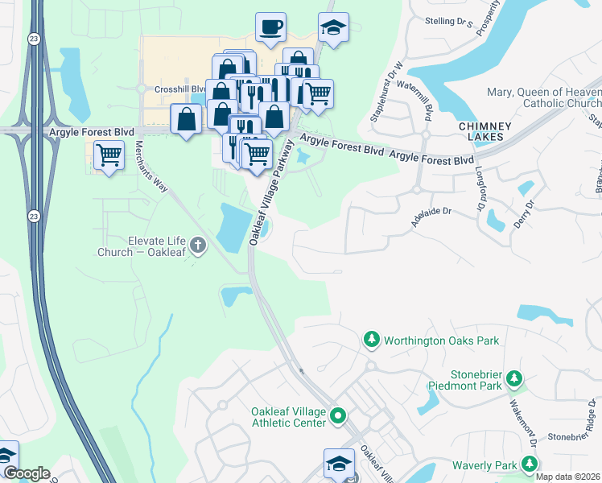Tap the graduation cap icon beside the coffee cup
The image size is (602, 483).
click(x=333, y=27)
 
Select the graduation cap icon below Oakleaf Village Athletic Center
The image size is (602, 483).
click(x=339, y=463)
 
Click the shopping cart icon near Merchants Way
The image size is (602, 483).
click(x=109, y=154)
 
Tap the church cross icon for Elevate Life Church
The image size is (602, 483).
click(x=198, y=245)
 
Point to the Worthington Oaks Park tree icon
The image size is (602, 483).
click(x=371, y=340)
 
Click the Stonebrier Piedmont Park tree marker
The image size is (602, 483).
click(x=513, y=378)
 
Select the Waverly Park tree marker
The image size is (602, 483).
click(x=529, y=464)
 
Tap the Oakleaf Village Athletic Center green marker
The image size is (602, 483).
click(x=339, y=416)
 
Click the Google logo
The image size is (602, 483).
click(x=26, y=473)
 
